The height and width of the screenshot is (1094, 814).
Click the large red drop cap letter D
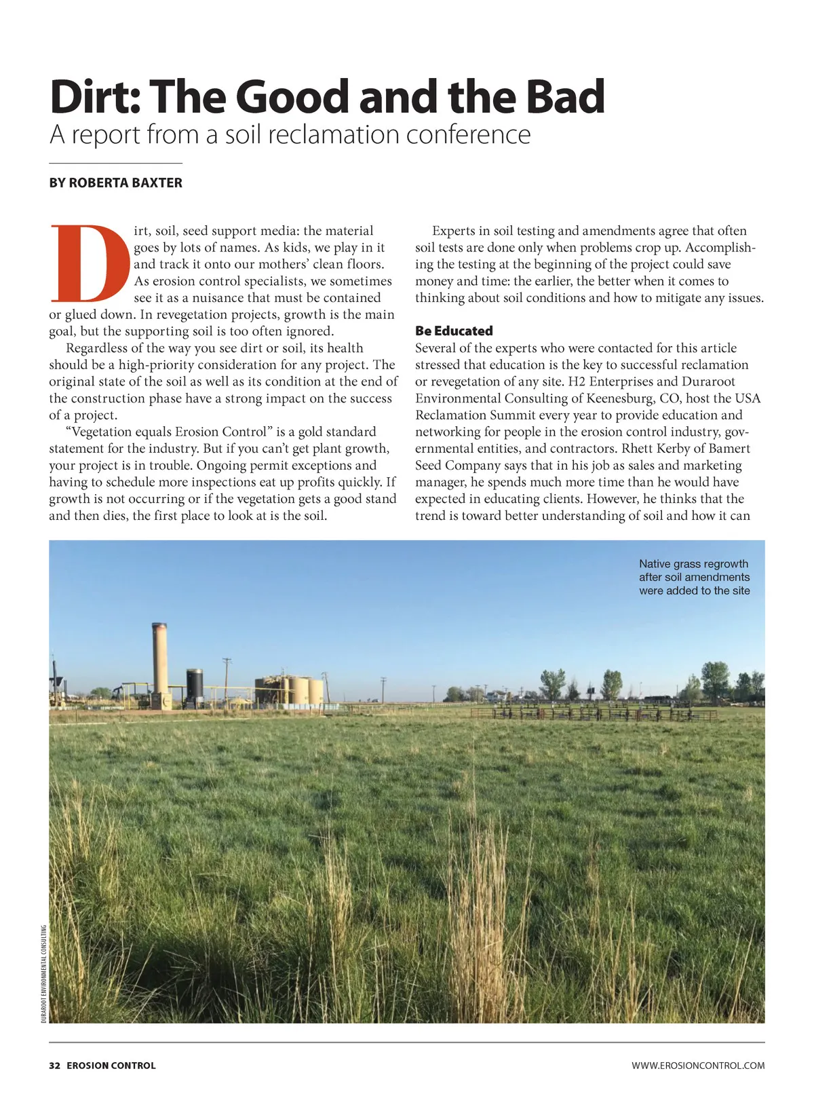(89, 263)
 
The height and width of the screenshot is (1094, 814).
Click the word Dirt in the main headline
(94, 97)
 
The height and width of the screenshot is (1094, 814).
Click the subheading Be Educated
(454, 331)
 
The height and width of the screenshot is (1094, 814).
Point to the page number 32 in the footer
(54, 1065)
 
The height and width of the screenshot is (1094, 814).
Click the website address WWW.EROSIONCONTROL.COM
(697, 1065)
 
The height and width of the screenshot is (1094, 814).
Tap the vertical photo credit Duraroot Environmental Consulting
(43, 974)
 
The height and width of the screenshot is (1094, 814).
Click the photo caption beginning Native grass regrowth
(694, 577)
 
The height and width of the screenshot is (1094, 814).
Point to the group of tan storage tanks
(290, 690)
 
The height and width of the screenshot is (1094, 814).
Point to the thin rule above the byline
(115, 164)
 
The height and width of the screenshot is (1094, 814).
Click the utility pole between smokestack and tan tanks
(227, 679)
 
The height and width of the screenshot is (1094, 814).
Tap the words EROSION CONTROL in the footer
(111, 1065)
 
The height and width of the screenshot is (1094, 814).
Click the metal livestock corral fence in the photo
(590, 713)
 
